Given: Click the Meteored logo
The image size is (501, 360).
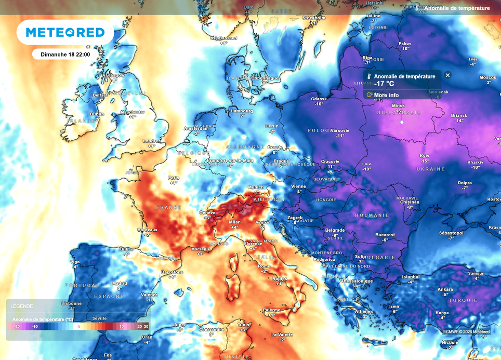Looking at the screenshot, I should [x=65, y=32].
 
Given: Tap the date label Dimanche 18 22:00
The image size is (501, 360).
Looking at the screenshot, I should [x=65, y=54].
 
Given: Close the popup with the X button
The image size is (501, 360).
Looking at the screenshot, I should [x=448, y=75].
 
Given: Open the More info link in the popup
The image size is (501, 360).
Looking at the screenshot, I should [x=386, y=95].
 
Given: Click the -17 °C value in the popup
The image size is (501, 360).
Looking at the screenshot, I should [x=385, y=84].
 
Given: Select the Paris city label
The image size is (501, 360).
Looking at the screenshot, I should [x=174, y=178].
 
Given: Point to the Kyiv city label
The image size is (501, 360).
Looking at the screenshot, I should [x=425, y=156].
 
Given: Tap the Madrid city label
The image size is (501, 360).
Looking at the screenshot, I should [x=120, y=284].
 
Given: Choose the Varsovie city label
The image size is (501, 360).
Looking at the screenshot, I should [x=340, y=130].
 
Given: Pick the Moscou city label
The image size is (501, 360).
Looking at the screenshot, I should [x=488, y=77].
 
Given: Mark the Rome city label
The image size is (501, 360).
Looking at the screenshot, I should [x=263, y=266].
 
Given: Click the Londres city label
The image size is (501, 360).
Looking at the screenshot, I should [x=151, y=141].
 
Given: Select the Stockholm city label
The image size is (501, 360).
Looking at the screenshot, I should [x=314, y=18].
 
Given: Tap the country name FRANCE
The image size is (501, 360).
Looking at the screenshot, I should [x=169, y=207].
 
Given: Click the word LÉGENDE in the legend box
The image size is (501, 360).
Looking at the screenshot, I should [x=21, y=306].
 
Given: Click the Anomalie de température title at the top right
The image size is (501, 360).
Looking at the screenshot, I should [x=457, y=8].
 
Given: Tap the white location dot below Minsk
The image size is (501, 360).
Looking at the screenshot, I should [x=402, y=122].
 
